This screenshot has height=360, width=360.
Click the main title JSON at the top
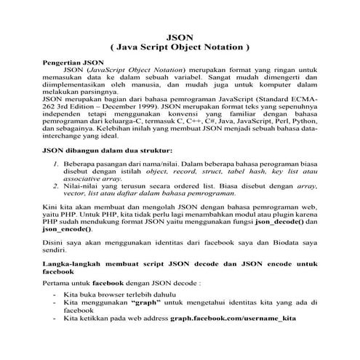(180, 35)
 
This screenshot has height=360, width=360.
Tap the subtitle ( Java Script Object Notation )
(180, 46)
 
